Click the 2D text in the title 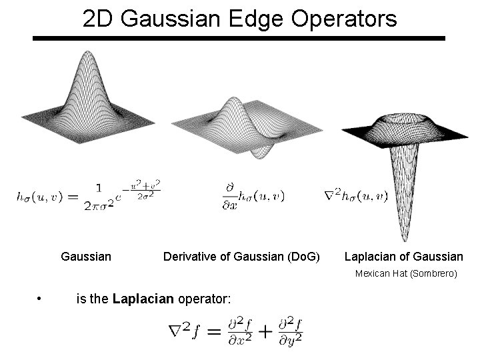[101, 19]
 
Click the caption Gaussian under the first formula [86, 256]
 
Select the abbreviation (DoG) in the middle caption [305, 257]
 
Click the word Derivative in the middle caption [189, 257]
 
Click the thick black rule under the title [239, 39]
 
